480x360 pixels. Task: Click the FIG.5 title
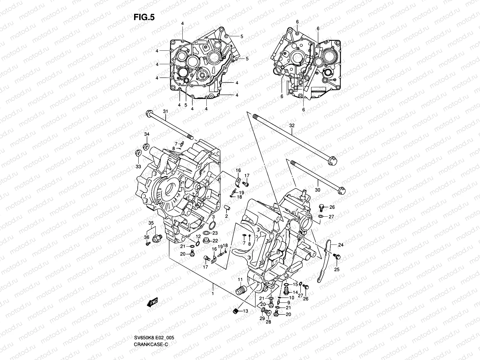(x=144, y=17)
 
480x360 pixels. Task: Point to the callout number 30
(x=318, y=190)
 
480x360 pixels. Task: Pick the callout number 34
(x=147, y=134)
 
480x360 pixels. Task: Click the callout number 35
(x=151, y=223)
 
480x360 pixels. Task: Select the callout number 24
(x=341, y=245)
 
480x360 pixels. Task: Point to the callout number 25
(x=337, y=270)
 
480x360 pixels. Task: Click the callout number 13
(x=246, y=311)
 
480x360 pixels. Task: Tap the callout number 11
(x=240, y=280)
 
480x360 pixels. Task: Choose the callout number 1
(x=213, y=294)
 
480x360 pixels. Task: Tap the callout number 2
(x=226, y=216)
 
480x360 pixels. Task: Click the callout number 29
(x=262, y=319)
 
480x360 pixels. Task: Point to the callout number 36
(x=147, y=237)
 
